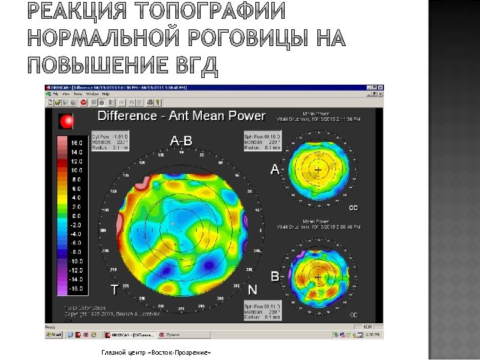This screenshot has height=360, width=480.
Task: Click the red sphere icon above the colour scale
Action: [67, 121]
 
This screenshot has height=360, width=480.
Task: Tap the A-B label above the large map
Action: [181, 141]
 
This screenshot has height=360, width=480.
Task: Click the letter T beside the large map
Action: [115, 289]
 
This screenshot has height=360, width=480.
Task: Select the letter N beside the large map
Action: [253, 290]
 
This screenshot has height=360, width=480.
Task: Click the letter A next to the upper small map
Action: [275, 169]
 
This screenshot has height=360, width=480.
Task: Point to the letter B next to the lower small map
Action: [275, 275]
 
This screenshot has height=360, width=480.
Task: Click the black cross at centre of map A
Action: [318, 171]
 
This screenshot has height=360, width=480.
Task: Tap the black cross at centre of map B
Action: [318, 277]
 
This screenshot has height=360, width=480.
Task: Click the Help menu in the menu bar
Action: [106, 95]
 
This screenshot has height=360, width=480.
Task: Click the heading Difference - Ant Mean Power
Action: [181, 116]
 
